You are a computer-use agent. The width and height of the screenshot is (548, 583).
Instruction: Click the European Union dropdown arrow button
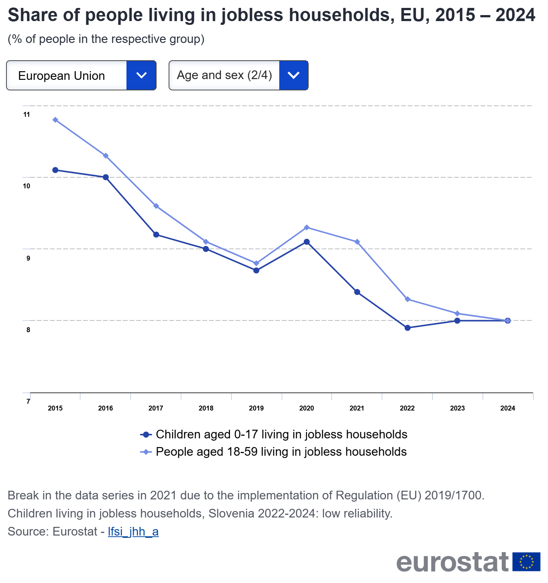[x=141, y=75]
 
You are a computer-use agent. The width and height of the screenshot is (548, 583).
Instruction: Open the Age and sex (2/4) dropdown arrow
[x=294, y=75]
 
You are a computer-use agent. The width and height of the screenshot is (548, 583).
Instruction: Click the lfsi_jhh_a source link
[x=133, y=531]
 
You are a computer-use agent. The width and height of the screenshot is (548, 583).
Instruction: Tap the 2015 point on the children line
[x=55, y=170]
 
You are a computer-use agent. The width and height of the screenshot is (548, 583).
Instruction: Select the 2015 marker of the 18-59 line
[x=55, y=120]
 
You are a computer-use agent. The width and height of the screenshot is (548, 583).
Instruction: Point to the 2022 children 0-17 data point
[x=407, y=328]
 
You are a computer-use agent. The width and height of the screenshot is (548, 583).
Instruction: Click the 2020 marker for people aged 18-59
[x=307, y=227]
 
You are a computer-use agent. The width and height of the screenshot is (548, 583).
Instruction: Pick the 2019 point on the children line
[x=256, y=270]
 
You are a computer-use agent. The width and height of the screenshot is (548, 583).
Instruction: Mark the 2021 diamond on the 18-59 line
[x=357, y=242]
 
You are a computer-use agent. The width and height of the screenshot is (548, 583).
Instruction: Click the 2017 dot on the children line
[x=156, y=235]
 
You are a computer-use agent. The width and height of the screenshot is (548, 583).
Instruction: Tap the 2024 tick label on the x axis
[x=508, y=408]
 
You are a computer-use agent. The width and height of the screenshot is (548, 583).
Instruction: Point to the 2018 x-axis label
[x=206, y=408]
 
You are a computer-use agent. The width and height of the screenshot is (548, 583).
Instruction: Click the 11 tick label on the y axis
[x=26, y=114]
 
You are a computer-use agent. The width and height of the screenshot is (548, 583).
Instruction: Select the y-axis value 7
[x=28, y=401]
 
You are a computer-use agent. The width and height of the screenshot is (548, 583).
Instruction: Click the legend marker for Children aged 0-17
[x=146, y=435]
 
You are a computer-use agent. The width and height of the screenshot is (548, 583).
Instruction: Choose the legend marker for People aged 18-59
[x=146, y=452]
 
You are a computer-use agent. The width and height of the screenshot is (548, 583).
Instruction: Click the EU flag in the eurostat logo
[x=526, y=562]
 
